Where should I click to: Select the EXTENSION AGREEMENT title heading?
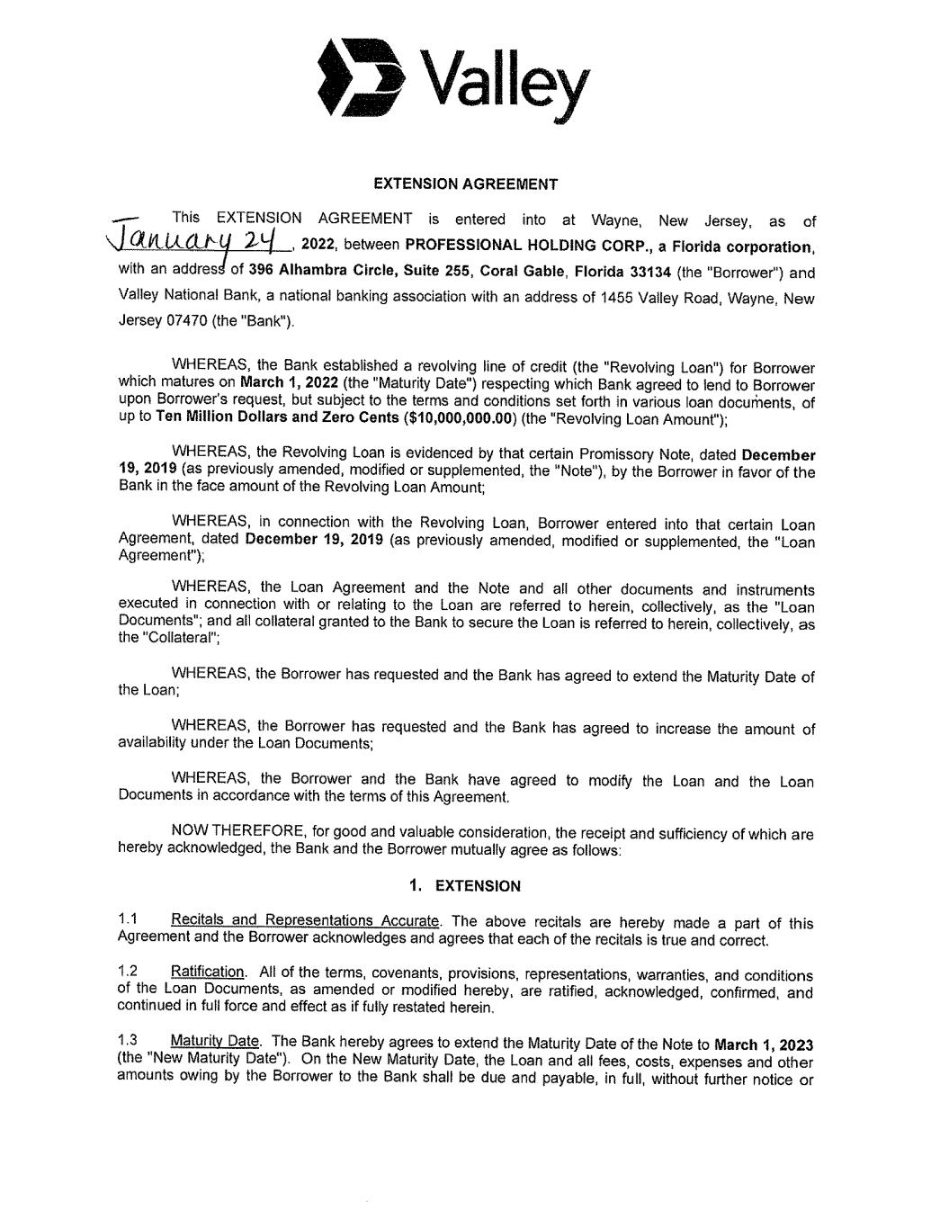465,184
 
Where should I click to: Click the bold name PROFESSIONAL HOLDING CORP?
525,246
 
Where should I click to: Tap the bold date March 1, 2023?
764,1045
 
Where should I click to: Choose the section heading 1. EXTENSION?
464,886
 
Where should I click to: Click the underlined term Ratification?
207,973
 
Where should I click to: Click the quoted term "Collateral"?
180,638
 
